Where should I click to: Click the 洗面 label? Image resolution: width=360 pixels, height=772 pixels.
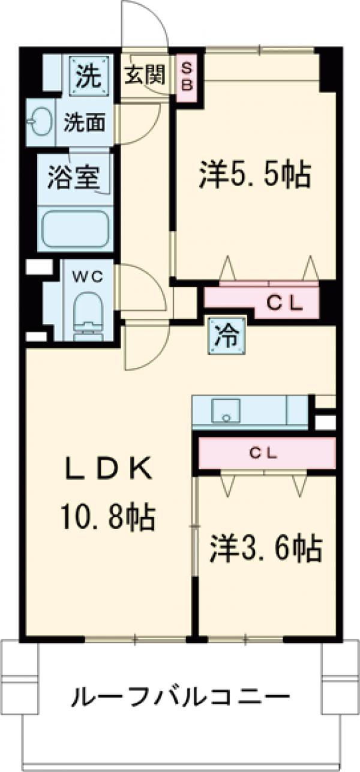click(x=85, y=122)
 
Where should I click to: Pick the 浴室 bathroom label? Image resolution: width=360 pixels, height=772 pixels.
click(x=74, y=178)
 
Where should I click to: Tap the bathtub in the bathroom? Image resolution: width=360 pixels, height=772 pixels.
click(x=74, y=229)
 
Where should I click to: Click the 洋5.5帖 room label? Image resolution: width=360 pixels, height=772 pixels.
click(x=254, y=175)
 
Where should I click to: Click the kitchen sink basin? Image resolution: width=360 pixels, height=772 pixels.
click(x=226, y=411)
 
